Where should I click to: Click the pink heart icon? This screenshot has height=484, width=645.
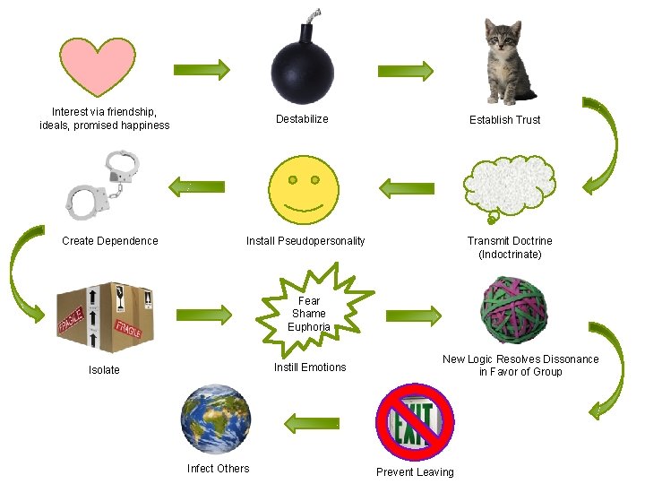97,67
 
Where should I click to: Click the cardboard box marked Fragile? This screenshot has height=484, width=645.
105,316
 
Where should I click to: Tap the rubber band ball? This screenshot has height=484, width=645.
514,309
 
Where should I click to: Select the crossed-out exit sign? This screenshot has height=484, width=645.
415,420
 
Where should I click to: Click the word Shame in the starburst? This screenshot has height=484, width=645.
309,314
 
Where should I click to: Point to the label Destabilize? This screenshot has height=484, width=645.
302,119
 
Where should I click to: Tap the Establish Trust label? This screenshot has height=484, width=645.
505,119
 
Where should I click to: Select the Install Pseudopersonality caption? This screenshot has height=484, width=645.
305,241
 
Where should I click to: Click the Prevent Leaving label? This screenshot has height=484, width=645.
415,472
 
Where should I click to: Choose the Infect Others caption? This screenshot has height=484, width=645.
219,468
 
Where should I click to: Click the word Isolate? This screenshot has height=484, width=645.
104,370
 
